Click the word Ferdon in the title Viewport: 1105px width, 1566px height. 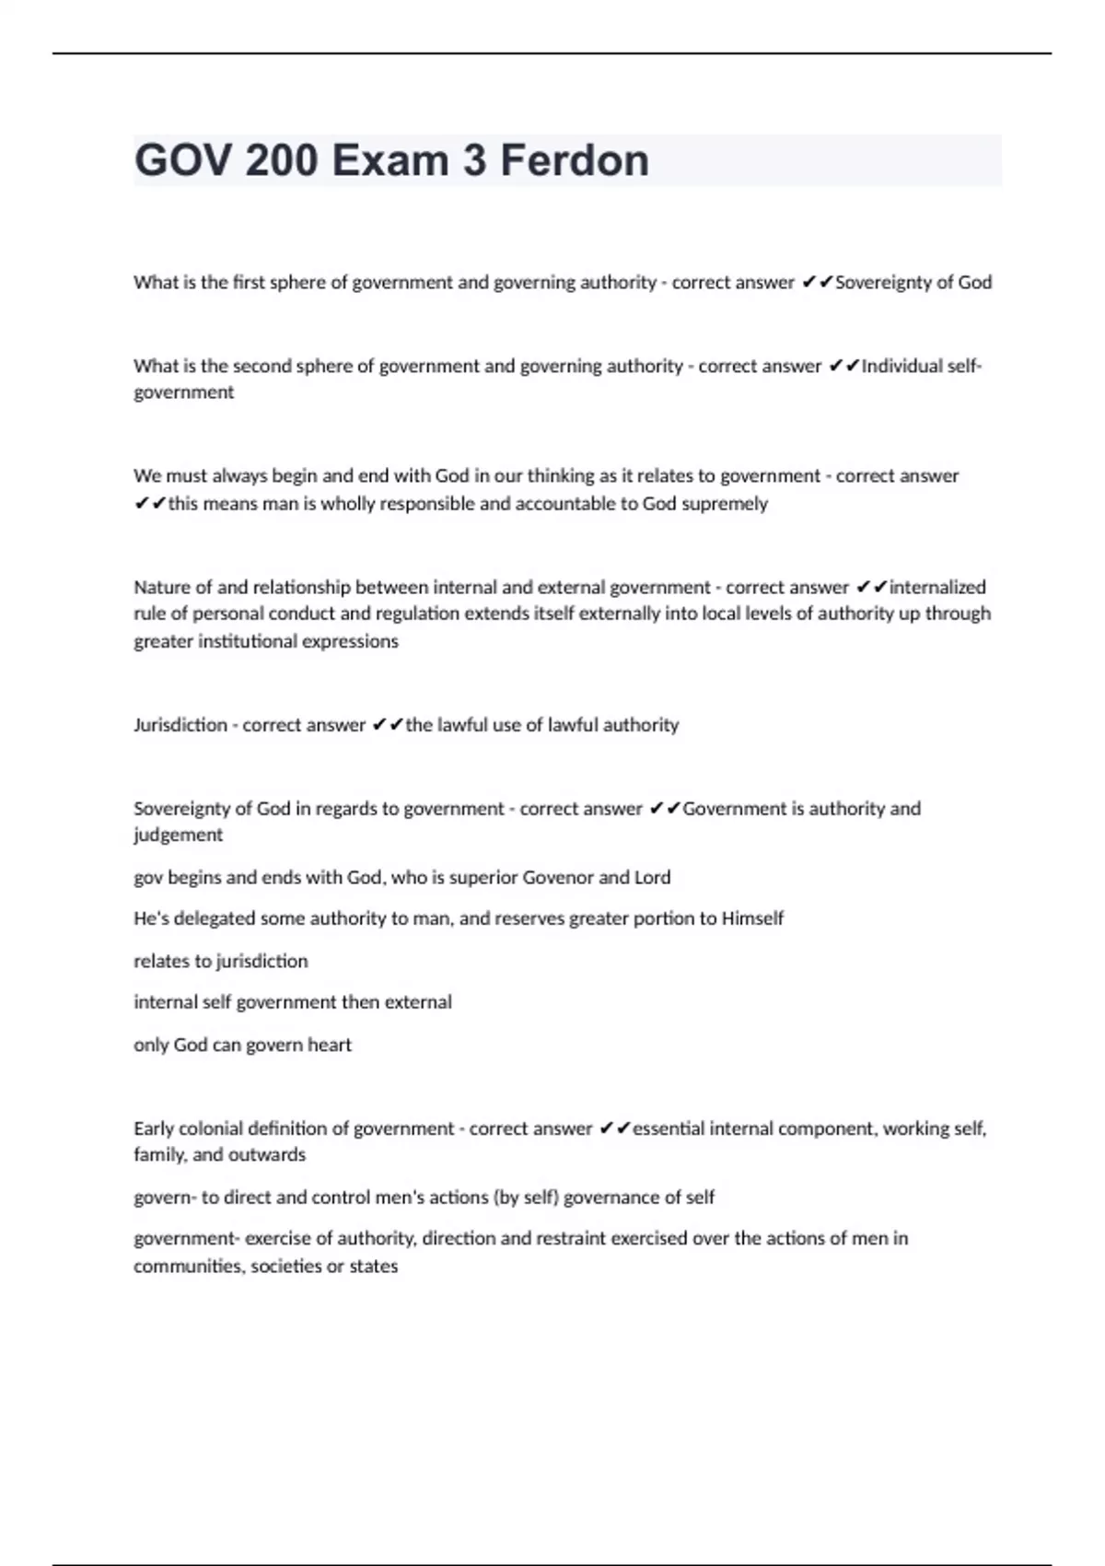coord(575,160)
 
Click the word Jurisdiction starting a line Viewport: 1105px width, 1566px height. coord(180,725)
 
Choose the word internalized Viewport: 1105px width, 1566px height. coord(937,588)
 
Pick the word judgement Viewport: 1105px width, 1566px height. coord(179,836)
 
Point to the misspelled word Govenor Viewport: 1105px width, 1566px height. coord(557,878)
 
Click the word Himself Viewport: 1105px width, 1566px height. coord(752,918)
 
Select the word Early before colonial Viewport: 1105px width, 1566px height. coord(154,1128)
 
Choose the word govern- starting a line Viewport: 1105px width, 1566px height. coord(165,1198)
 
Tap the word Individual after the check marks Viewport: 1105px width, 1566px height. coord(903,367)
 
